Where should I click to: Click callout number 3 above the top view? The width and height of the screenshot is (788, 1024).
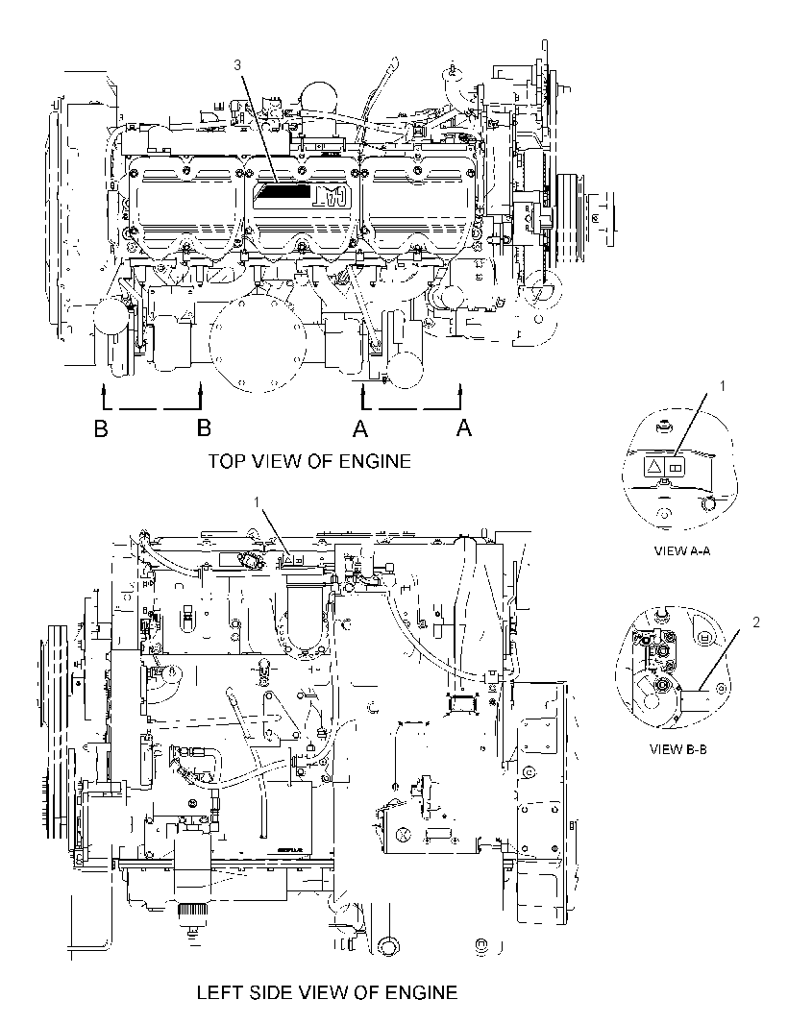pos(237,64)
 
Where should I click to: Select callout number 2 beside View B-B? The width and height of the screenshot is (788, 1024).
pos(756,622)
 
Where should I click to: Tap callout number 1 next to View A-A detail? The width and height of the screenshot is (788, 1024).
pos(723,386)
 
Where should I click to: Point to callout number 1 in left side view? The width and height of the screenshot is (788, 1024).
pos(257,501)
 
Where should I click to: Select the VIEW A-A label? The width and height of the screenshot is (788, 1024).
pos(682,550)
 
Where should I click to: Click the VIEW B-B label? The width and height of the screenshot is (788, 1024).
pos(678,749)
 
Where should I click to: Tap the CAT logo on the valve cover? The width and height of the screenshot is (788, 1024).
pos(332,195)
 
